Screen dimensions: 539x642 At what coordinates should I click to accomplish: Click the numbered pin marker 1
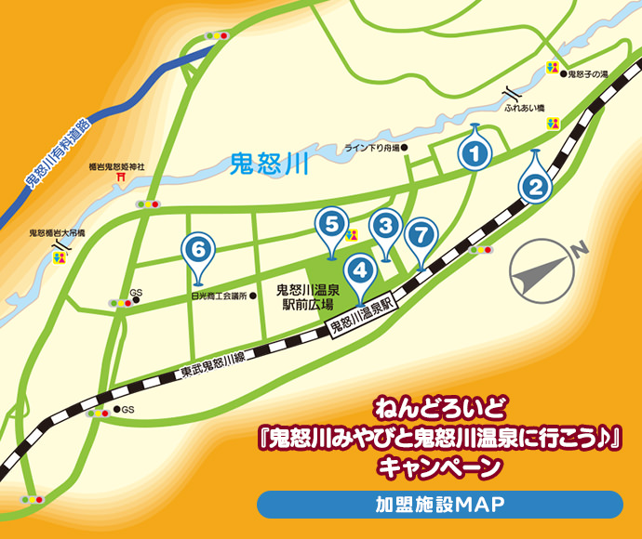tap(475, 152)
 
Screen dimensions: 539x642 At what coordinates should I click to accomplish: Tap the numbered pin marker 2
tap(534, 184)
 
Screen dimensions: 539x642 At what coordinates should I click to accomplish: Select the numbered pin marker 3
tap(384, 225)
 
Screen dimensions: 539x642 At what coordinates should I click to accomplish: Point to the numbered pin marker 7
tap(421, 233)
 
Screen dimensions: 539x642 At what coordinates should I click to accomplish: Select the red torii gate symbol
tap(119, 177)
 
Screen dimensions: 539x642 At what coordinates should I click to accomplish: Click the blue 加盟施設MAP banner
tap(439, 505)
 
